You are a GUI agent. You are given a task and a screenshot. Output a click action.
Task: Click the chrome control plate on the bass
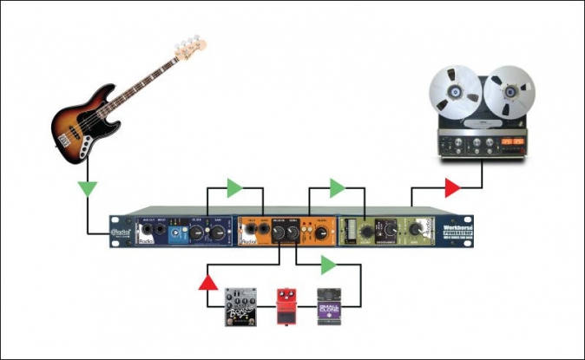click(x=86, y=148)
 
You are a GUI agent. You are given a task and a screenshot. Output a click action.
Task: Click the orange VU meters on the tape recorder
click(x=503, y=140)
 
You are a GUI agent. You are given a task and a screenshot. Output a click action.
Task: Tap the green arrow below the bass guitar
click(x=86, y=187)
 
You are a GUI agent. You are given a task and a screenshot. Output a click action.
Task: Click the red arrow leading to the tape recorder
click(x=452, y=187)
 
